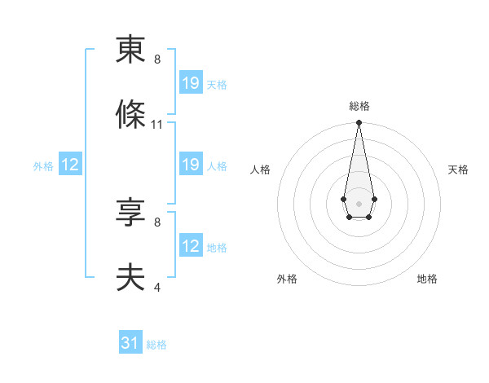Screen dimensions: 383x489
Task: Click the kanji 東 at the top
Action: pyautogui.click(x=130, y=51)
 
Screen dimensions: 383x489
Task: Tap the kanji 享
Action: pyautogui.click(x=130, y=213)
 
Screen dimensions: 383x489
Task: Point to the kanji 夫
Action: pyautogui.click(x=130, y=278)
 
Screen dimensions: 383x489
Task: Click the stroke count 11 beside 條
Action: pyautogui.click(x=157, y=125)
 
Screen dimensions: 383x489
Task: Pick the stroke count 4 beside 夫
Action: pyautogui.click(x=157, y=287)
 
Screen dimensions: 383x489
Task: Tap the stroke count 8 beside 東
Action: pyautogui.click(x=157, y=59)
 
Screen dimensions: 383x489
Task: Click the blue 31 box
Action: pyautogui.click(x=130, y=344)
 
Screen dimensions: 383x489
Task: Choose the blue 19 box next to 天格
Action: pyautogui.click(x=191, y=83)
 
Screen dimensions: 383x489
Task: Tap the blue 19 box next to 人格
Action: pyautogui.click(x=191, y=165)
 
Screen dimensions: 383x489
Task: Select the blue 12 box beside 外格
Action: pyautogui.click(x=70, y=165)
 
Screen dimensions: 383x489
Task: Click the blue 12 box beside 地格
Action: pyautogui.click(x=191, y=247)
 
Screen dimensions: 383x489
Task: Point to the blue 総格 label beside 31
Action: pyautogui.click(x=156, y=345)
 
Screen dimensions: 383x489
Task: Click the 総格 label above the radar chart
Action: pyautogui.click(x=359, y=106)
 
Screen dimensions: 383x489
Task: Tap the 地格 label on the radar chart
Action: pyautogui.click(x=427, y=279)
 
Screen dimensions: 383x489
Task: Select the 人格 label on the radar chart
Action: pyautogui.click(x=261, y=169)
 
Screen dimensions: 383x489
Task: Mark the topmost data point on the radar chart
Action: pyautogui.click(x=359, y=123)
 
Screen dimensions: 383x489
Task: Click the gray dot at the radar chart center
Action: pyautogui.click(x=359, y=202)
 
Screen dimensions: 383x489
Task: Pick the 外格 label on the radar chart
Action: pyautogui.click(x=287, y=279)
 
